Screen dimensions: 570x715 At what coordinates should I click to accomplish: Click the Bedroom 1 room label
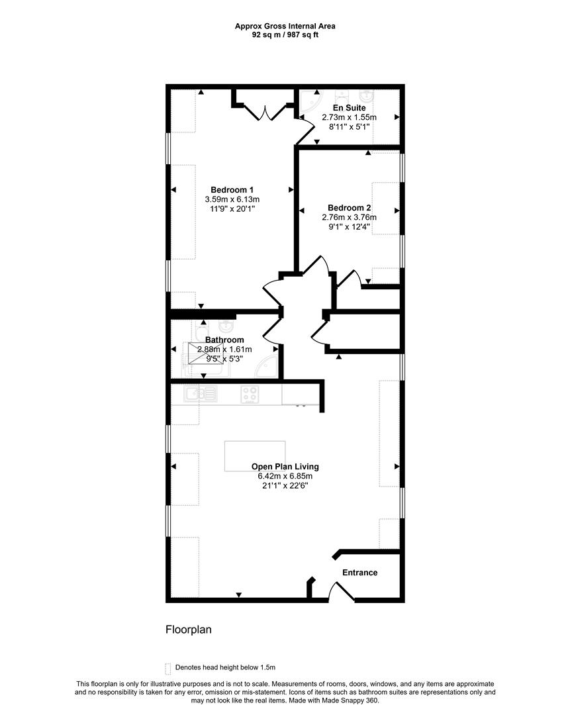232,190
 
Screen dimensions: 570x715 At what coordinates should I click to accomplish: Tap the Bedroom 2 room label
350,208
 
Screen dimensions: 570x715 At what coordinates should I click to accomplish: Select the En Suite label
350,108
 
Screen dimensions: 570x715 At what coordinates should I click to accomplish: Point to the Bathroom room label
224,340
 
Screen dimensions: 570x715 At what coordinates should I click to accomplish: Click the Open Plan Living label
285,467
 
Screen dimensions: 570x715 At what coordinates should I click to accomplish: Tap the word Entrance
359,573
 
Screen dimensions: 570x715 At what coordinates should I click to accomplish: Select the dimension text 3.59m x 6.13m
232,199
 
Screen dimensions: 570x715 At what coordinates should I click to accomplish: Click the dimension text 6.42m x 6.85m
285,476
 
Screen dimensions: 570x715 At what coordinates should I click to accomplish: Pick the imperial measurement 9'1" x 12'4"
350,226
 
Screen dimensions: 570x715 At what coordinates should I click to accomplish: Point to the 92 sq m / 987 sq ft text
285,34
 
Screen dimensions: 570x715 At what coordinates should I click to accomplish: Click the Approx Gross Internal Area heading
285,26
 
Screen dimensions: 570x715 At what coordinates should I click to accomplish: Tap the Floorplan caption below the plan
188,630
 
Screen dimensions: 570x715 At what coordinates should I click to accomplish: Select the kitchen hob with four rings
250,395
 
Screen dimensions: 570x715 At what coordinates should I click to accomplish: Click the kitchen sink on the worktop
201,393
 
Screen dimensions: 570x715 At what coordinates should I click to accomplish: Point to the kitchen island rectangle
255,456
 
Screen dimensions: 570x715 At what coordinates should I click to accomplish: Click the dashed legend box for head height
167,669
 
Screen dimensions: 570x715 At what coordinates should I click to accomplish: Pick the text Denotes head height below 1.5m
225,667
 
